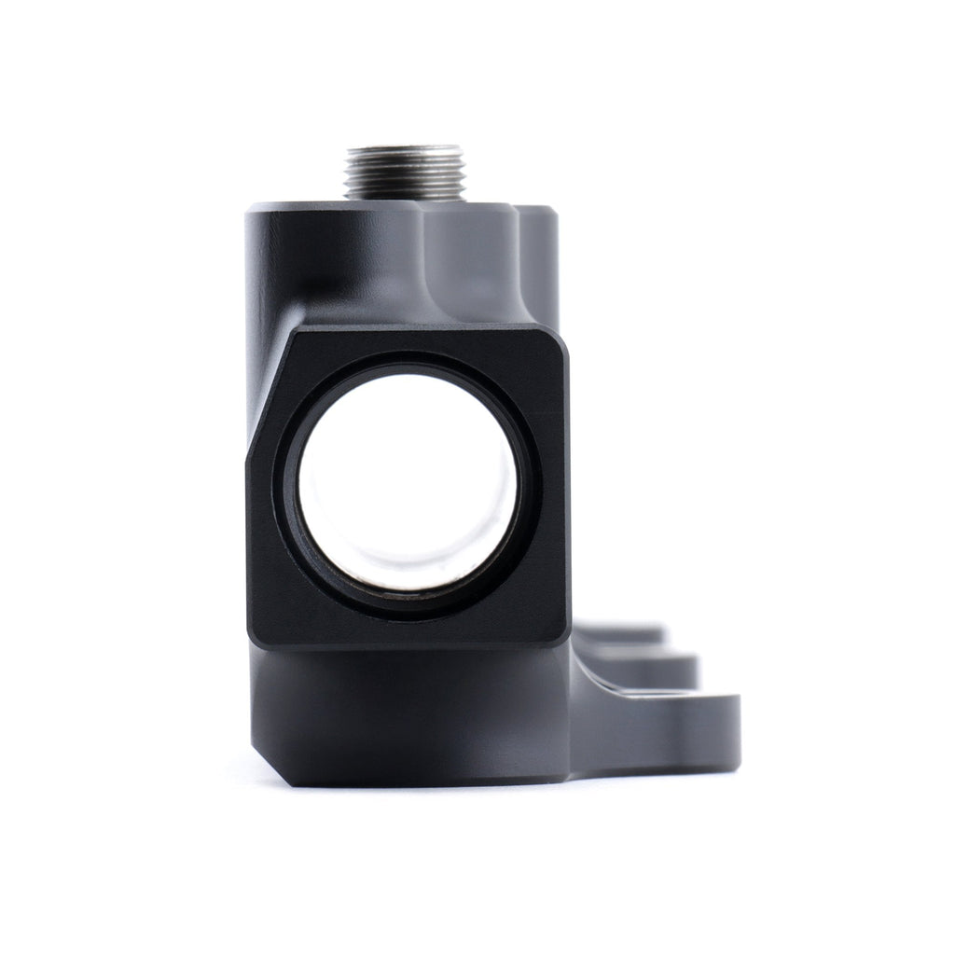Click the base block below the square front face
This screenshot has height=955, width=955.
pyautogui.click(x=410, y=713)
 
